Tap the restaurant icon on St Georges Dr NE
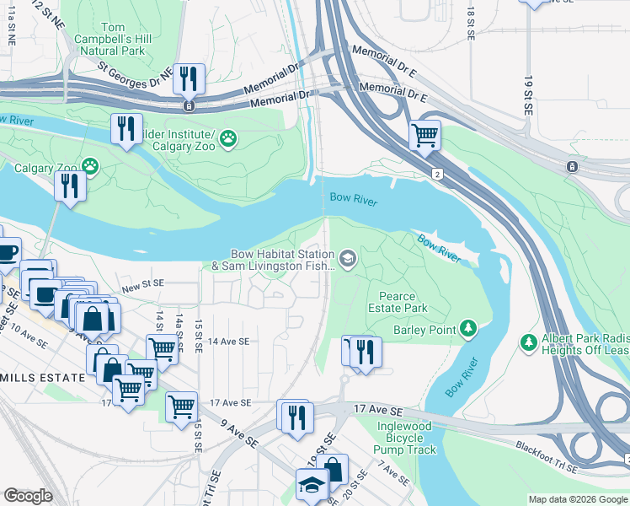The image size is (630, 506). click(x=189, y=79)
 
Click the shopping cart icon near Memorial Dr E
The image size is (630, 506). click(x=424, y=135)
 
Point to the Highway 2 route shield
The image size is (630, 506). click(x=438, y=174)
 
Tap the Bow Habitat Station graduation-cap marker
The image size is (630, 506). click(x=347, y=258)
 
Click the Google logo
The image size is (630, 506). click(x=28, y=496)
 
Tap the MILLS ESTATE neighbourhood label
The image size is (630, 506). click(x=42, y=378)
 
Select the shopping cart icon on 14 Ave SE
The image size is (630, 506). click(x=162, y=349)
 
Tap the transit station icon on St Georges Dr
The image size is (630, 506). click(x=190, y=106)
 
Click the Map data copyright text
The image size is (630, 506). click(x=579, y=499)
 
